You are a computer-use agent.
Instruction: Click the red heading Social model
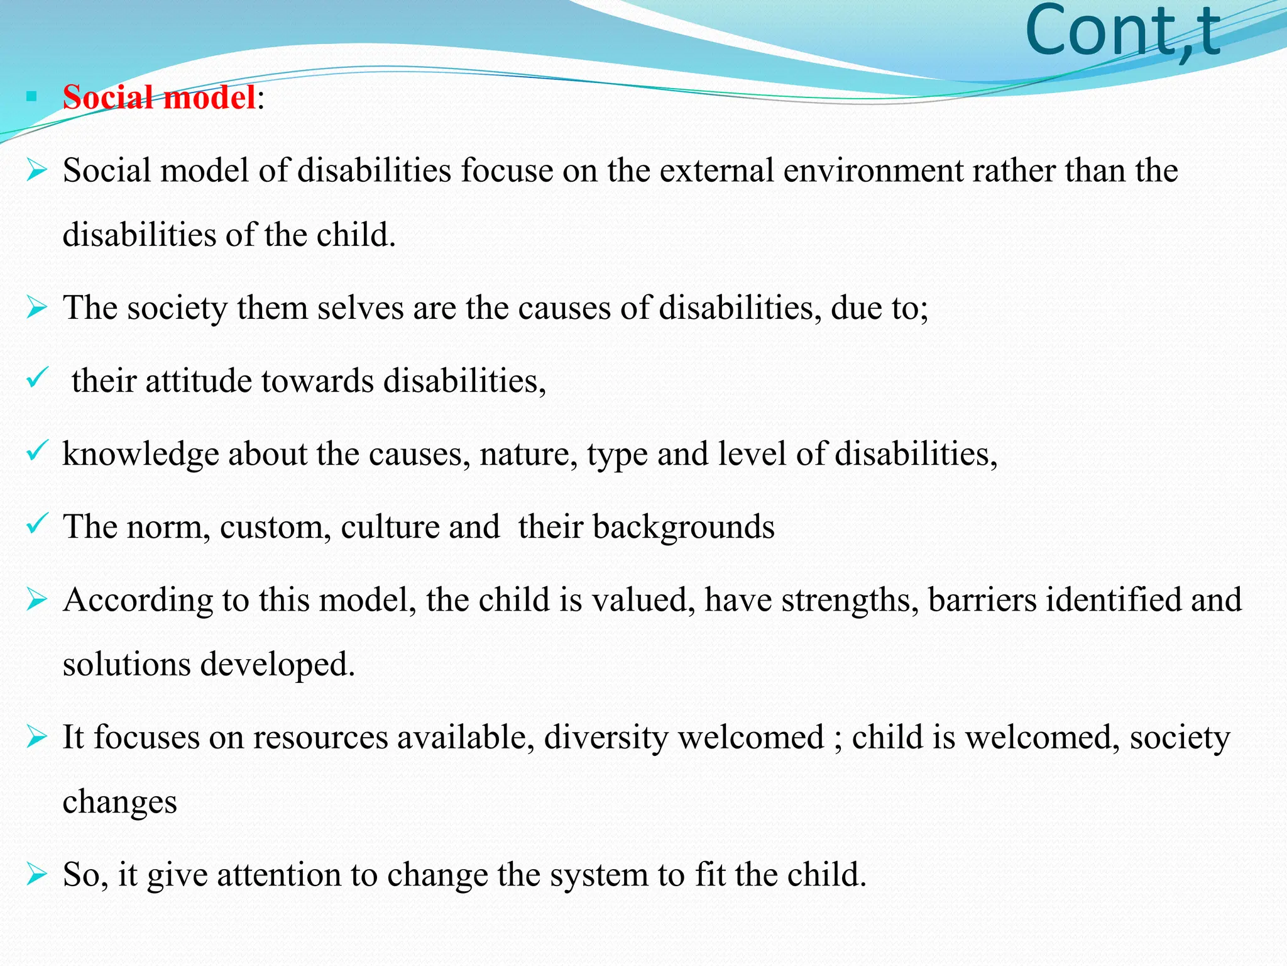point(159,98)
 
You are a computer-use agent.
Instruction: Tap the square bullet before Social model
point(31,97)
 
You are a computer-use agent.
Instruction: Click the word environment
point(873,171)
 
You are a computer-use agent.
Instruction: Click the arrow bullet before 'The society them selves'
point(37,308)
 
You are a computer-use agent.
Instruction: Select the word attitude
point(198,381)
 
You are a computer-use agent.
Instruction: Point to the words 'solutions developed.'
point(209,665)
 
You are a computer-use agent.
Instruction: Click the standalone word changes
point(119,802)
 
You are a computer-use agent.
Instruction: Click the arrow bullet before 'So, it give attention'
point(37,875)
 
